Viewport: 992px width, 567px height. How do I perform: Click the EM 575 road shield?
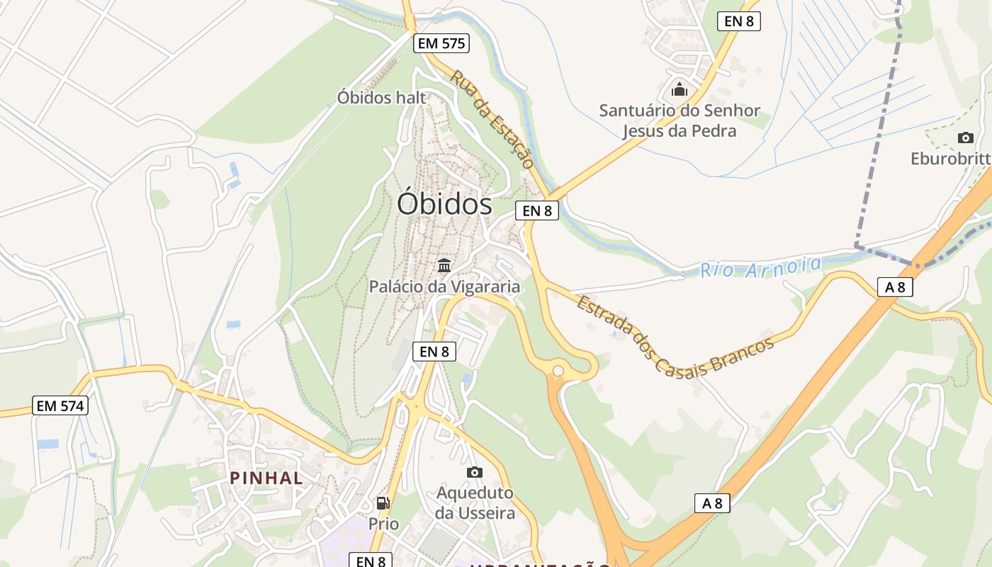[x=441, y=43]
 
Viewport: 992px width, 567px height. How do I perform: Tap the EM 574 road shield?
[x=61, y=406]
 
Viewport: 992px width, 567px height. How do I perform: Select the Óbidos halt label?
[x=382, y=97]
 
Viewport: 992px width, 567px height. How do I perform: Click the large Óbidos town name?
[x=444, y=204]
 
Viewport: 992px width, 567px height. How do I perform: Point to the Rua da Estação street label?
[x=492, y=119]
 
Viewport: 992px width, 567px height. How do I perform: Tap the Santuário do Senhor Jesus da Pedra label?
[x=680, y=120]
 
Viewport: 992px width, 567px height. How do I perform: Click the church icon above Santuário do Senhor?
[x=680, y=89]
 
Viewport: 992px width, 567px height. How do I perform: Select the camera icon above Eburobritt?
[x=965, y=137]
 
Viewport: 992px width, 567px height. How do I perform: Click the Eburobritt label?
[x=950, y=158]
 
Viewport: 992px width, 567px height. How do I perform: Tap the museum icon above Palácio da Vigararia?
[x=444, y=266]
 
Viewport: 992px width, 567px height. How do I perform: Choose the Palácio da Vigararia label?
[x=444, y=286]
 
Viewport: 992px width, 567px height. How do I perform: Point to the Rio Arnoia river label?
[x=761, y=267]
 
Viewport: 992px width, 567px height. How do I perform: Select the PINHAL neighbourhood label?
[x=266, y=478]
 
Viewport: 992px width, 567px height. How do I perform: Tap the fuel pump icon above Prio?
[x=383, y=503]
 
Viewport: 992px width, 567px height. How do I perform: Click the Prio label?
[x=383, y=524]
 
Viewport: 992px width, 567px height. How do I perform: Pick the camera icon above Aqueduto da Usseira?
[x=475, y=472]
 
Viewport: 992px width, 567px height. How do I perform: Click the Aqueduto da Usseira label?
[x=475, y=503]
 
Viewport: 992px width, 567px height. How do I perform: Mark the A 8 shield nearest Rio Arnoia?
[x=894, y=287]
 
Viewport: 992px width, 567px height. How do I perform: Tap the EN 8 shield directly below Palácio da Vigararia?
[x=434, y=352]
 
